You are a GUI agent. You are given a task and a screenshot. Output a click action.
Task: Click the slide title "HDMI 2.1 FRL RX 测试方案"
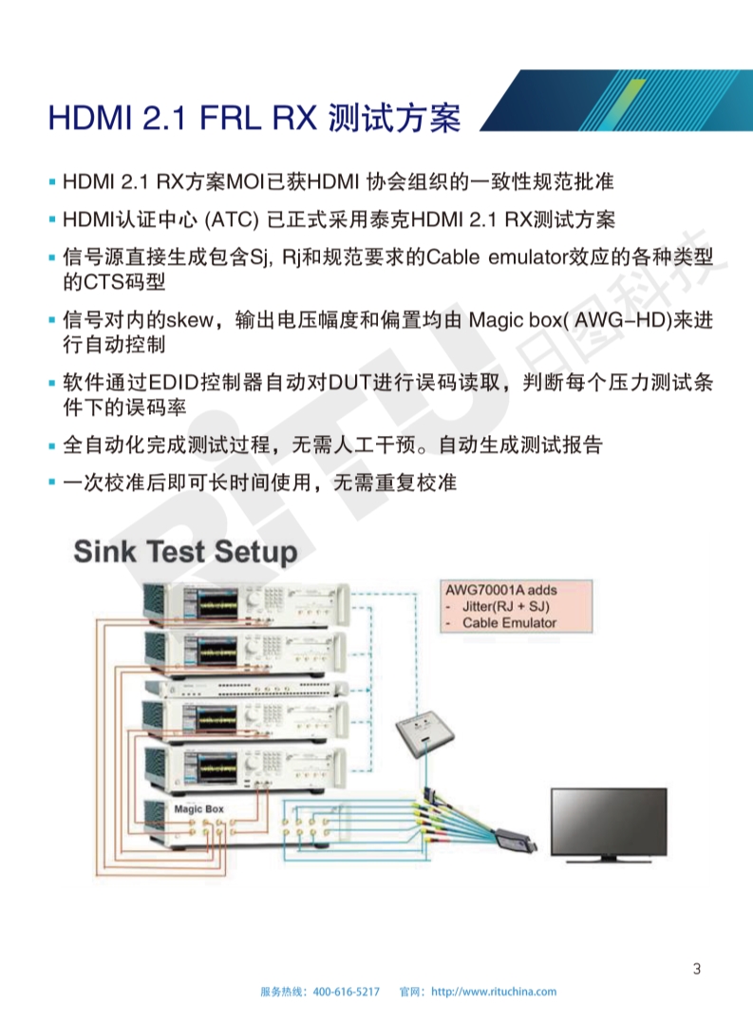pyautogui.click(x=254, y=118)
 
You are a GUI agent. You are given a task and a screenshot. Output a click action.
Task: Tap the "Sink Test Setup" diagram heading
pyautogui.click(x=185, y=551)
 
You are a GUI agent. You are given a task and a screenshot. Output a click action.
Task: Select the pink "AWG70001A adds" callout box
pyautogui.click(x=517, y=606)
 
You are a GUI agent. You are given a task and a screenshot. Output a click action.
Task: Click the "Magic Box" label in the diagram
pyautogui.click(x=198, y=809)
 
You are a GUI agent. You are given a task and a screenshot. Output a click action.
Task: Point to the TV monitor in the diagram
pyautogui.click(x=609, y=824)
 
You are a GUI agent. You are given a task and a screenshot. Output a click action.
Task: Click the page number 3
pyautogui.click(x=697, y=969)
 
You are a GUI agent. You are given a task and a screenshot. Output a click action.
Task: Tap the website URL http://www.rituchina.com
pyautogui.click(x=494, y=992)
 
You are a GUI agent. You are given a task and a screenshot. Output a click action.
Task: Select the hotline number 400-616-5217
pyautogui.click(x=347, y=992)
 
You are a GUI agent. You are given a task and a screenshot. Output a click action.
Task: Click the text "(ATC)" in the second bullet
pyautogui.click(x=232, y=219)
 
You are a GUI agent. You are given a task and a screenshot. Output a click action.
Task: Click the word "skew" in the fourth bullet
pyautogui.click(x=190, y=320)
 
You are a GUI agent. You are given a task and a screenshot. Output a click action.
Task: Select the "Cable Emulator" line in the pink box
pyautogui.click(x=509, y=623)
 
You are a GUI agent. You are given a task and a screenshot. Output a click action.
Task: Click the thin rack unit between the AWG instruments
pyautogui.click(x=247, y=689)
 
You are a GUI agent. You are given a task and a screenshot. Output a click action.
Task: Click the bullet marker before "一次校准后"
pyautogui.click(x=52, y=483)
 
